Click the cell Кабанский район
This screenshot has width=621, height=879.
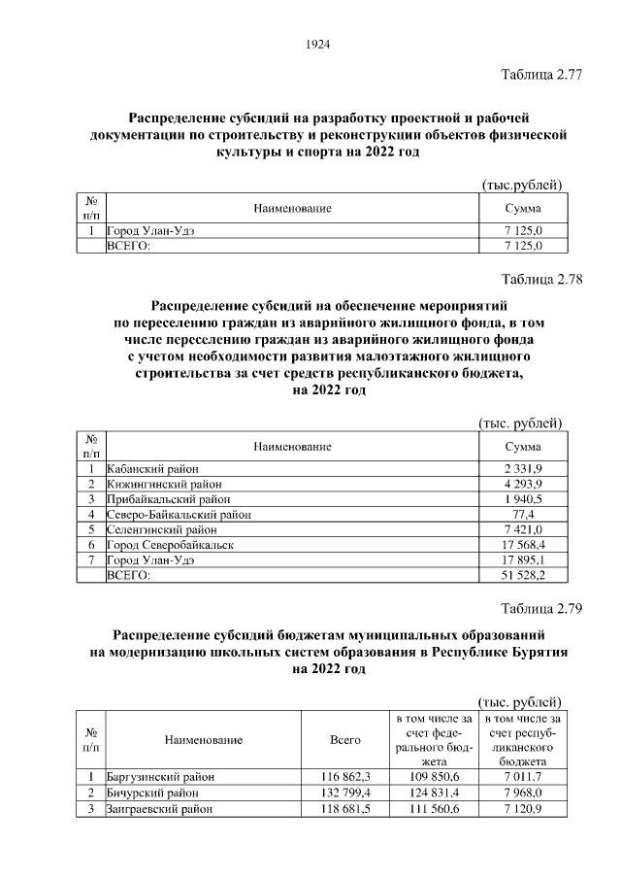pyautogui.click(x=146, y=468)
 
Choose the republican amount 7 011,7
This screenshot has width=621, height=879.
pyautogui.click(x=523, y=777)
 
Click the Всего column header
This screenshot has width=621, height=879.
pyautogui.click(x=345, y=740)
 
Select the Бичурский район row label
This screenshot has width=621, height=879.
pyautogui.click(x=149, y=793)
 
